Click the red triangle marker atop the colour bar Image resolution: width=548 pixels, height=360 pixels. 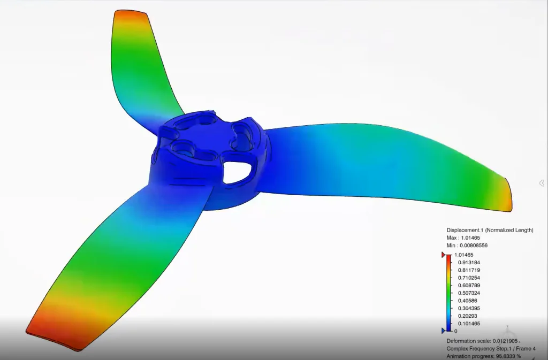click(x=443, y=255)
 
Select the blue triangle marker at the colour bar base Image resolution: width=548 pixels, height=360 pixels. click(x=443, y=331)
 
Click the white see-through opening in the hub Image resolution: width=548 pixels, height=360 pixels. click(x=235, y=172)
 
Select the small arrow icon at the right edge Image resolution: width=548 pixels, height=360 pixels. click(x=542, y=183)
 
